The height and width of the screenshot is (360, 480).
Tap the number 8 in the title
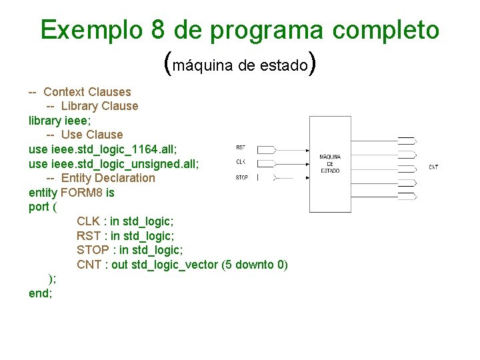(x=158, y=30)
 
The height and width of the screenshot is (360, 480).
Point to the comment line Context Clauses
(x=87, y=92)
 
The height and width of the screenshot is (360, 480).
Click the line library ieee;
(x=63, y=120)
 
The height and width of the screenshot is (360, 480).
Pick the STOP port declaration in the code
(x=129, y=250)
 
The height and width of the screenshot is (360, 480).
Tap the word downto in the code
(x=252, y=265)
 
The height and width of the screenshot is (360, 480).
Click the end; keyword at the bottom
(x=40, y=293)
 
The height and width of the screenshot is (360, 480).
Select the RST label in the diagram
(x=241, y=147)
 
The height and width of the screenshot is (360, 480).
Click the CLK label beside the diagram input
(x=241, y=162)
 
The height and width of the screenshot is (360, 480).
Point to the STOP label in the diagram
(x=241, y=177)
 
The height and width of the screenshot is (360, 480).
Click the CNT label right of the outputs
(x=433, y=167)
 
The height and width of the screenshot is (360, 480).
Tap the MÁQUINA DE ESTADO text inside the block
(x=330, y=164)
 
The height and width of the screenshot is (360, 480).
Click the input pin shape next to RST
(x=265, y=148)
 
